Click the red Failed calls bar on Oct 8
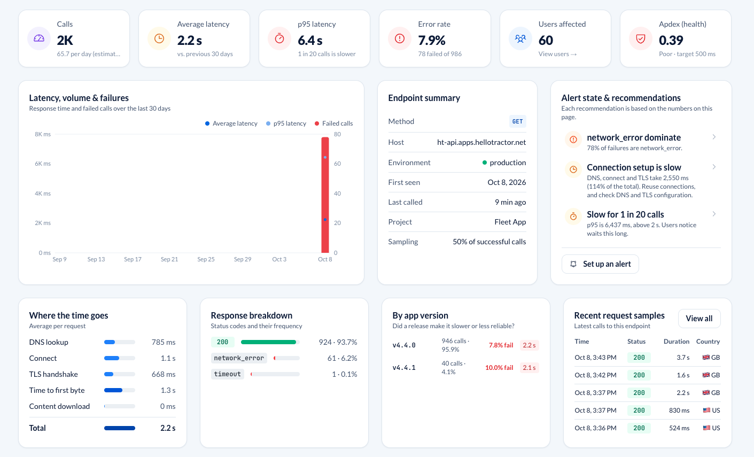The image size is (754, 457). [325, 195]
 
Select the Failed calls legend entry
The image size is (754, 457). [333, 123]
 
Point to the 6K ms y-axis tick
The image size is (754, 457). [43, 164]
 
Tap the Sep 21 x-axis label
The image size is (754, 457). [169, 259]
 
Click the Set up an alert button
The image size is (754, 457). [600, 264]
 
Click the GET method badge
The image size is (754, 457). [517, 121]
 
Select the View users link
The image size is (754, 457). [557, 54]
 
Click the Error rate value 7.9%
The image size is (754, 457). [432, 41]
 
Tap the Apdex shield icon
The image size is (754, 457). [641, 38]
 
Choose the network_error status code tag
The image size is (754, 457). [239, 358]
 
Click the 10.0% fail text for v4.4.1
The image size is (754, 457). [499, 368]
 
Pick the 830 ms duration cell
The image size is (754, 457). [679, 410]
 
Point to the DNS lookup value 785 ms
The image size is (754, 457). [164, 342]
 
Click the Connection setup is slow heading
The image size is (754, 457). [634, 167]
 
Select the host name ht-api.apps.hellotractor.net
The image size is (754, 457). [481, 143]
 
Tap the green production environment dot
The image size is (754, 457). [484, 162]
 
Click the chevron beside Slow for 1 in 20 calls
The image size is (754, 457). [714, 214]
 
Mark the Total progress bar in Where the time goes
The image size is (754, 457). [120, 428]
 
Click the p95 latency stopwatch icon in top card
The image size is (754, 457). [279, 38]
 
